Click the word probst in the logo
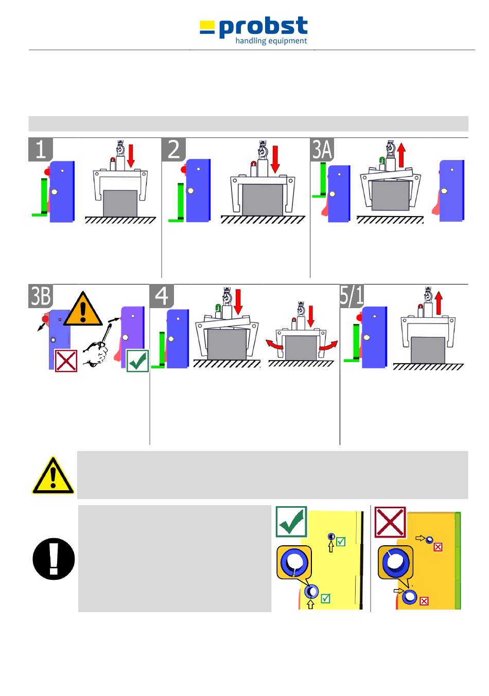[x=263, y=28]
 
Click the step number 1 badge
[x=41, y=149]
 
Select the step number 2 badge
[x=174, y=149]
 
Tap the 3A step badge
[x=323, y=149]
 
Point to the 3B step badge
[x=41, y=296]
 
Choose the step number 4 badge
[x=162, y=296]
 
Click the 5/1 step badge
[x=352, y=296]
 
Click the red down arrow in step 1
[x=131, y=155]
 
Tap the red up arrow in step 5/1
[x=438, y=302]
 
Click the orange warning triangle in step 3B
[x=83, y=309]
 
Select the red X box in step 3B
[x=66, y=361]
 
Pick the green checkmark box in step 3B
[x=137, y=361]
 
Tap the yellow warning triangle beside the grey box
[x=53, y=476]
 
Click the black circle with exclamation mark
[x=54, y=559]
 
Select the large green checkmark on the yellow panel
[x=291, y=522]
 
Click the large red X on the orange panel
[x=390, y=522]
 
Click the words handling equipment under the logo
[x=271, y=41]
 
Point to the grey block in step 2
[x=263, y=200]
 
